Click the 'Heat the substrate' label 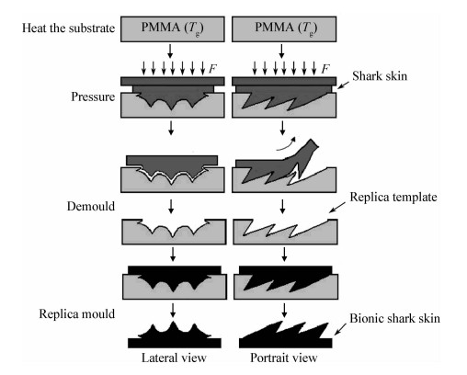pos(68,28)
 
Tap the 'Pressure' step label pos(93,97)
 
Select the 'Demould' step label pos(91,206)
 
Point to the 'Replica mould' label pos(77,314)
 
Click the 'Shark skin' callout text pos(380,76)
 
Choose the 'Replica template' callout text pos(393,197)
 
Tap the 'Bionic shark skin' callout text pos(395,318)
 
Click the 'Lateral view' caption pos(174,358)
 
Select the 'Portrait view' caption pos(284,358)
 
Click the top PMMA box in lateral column pos(173,29)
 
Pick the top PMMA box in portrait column pos(284,29)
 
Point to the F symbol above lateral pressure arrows pos(212,69)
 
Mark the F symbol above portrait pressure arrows pos(325,69)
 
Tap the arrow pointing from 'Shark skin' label pos(343,85)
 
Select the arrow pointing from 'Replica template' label pos(337,208)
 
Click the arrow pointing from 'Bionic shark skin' pos(340,329)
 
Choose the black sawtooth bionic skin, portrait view pos(285,336)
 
